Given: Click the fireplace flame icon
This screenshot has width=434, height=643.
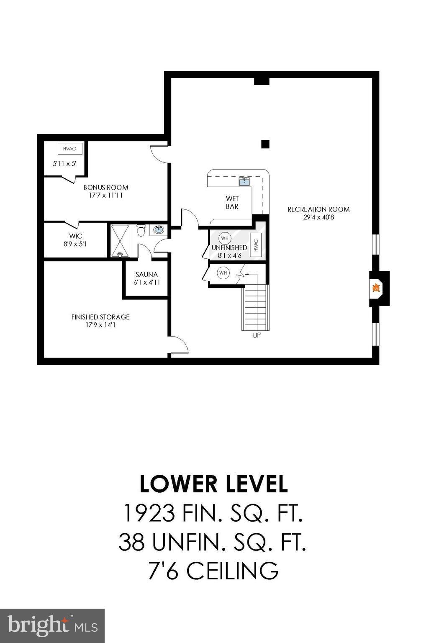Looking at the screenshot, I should click(376, 288).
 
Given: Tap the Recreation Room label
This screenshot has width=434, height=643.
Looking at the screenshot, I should click(318, 209).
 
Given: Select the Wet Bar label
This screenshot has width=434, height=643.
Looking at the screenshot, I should click(232, 203).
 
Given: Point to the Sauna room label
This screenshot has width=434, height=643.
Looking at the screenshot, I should click(146, 275).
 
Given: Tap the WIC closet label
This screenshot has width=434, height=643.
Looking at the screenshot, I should click(76, 236).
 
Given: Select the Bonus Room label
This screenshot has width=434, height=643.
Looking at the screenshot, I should click(105, 188).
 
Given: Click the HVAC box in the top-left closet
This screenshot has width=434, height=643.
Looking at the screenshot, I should click(69, 149).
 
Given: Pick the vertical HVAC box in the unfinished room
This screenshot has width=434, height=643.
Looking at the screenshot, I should click(256, 245).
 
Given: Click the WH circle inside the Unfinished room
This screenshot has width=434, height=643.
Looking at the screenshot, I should click(225, 238).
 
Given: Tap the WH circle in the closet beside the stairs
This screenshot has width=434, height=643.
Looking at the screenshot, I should click(223, 273).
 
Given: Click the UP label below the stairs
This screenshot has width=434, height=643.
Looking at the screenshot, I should click(257, 335).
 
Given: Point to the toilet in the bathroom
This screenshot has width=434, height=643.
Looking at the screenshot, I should click(141, 230).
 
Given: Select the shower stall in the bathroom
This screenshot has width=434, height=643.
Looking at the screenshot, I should click(121, 241).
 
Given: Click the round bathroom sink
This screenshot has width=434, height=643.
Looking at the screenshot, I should click(159, 229).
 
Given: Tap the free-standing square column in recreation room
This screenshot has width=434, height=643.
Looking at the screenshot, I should click(265, 144).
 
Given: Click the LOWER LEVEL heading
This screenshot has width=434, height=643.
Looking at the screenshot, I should click(213, 484).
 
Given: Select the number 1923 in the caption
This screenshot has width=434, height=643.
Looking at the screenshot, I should click(149, 513).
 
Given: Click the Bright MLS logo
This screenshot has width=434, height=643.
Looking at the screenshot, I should click(52, 625).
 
